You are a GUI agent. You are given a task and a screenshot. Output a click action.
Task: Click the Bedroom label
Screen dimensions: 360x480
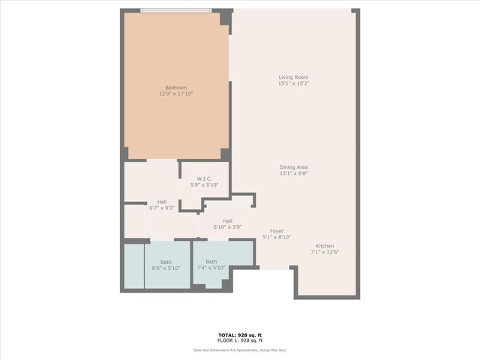click(x=175, y=88)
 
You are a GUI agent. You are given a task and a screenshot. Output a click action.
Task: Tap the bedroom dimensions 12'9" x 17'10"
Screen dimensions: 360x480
click(x=175, y=94)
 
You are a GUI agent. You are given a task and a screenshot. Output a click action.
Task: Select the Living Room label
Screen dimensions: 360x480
click(x=294, y=77)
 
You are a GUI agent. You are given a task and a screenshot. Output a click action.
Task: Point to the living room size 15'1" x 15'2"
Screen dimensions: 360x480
click(x=294, y=84)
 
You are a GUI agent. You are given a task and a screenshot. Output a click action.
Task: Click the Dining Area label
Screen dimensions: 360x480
click(x=294, y=167)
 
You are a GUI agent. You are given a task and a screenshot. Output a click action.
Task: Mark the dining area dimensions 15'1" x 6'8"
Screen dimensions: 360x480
click(x=294, y=174)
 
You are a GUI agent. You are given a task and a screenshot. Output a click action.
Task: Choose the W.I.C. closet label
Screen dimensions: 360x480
click(x=203, y=178)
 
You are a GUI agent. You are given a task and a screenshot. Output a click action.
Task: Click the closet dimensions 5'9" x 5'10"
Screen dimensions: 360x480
click(x=203, y=185)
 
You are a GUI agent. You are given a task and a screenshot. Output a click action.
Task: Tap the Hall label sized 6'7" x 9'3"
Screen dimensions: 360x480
click(x=162, y=201)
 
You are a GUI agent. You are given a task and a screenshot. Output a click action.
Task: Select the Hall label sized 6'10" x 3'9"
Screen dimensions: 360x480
click(x=227, y=220)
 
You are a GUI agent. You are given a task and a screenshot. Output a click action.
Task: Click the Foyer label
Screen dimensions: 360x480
click(x=277, y=231)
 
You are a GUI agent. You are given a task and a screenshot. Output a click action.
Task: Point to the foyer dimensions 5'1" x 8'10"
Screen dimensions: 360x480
click(x=277, y=238)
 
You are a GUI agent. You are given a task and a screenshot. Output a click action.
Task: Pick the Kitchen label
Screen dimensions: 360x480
click(x=325, y=246)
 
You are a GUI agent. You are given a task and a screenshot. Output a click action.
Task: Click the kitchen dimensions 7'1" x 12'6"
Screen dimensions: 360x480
click(x=325, y=253)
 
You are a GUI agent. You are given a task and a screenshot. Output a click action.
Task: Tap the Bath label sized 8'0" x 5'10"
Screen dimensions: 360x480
click(x=166, y=262)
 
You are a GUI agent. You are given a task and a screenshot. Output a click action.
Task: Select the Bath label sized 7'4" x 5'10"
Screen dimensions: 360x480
click(x=211, y=262)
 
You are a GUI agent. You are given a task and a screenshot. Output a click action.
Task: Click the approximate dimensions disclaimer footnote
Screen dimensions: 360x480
click(x=240, y=349)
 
